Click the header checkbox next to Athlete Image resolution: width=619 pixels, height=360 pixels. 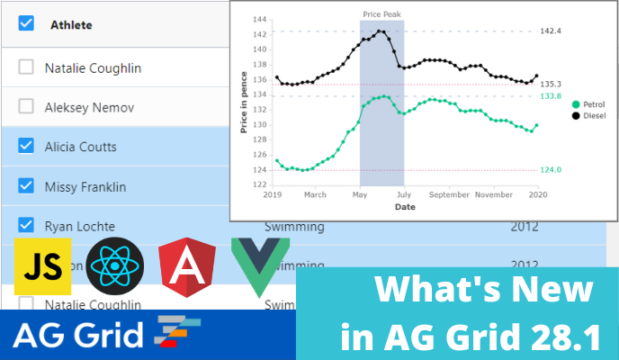(x=26, y=24)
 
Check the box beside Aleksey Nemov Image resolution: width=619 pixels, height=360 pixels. (x=26, y=107)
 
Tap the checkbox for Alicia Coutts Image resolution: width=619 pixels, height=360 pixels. (x=26, y=147)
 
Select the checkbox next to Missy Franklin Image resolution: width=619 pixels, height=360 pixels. (x=26, y=186)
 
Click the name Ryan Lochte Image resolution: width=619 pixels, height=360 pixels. (x=79, y=227)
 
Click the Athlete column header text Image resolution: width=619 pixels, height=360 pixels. (x=71, y=25)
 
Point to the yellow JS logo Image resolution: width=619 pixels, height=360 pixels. (x=43, y=267)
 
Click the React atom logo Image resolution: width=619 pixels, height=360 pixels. (x=116, y=267)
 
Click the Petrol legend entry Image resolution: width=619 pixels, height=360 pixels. (x=593, y=104)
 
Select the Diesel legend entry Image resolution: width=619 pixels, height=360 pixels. (x=593, y=115)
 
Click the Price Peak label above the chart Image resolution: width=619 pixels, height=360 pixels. (x=381, y=14)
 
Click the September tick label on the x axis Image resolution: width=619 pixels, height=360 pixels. (x=450, y=194)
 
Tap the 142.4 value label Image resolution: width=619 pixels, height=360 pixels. (x=550, y=31)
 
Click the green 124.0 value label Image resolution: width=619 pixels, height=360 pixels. (x=550, y=169)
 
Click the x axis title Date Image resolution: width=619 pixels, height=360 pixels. (x=405, y=206)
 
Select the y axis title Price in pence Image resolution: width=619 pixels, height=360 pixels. (x=243, y=103)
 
